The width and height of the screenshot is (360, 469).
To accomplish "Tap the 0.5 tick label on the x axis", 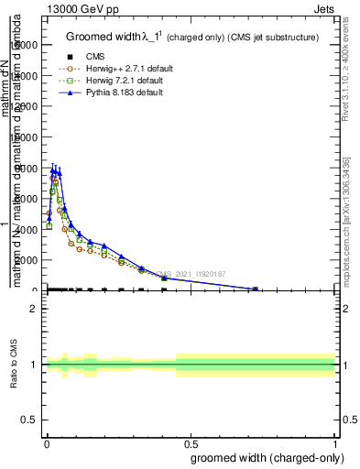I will (x=191, y=444).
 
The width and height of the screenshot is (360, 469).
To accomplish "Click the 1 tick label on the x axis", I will (x=336, y=444).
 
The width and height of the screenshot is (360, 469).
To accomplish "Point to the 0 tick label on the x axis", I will (x=47, y=444).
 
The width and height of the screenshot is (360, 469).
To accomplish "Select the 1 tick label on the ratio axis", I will (x=34, y=365).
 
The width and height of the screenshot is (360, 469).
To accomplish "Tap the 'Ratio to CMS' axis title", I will (x=14, y=364).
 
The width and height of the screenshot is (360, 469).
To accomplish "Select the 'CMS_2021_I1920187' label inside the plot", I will (x=190, y=273).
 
